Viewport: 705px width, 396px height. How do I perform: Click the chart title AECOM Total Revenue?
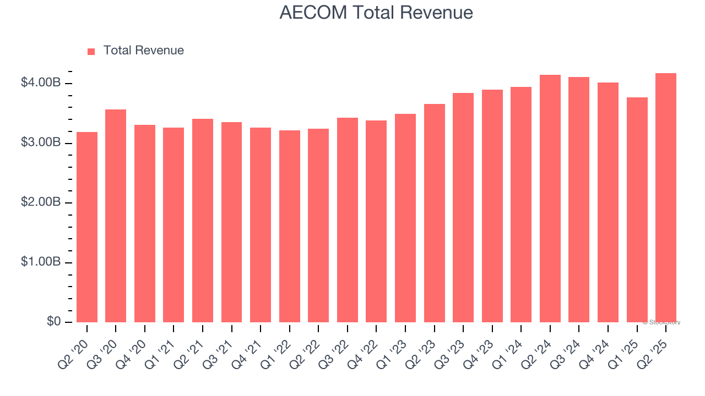pyautogui.click(x=376, y=12)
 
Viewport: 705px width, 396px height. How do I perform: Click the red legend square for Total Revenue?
pyautogui.click(x=91, y=51)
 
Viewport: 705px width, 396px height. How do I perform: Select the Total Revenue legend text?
pyautogui.click(x=143, y=51)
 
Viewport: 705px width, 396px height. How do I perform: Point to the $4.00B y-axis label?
pyautogui.click(x=41, y=83)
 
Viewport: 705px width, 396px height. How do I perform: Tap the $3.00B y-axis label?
pyautogui.click(x=41, y=143)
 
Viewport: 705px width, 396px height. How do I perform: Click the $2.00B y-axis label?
pyautogui.click(x=41, y=202)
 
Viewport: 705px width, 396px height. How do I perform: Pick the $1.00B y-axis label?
pyautogui.click(x=41, y=262)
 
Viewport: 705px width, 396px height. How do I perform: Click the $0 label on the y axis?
pyautogui.click(x=54, y=322)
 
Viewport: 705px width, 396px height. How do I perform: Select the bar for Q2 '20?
pyautogui.click(x=87, y=227)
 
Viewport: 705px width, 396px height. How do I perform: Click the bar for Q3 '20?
pyautogui.click(x=116, y=216)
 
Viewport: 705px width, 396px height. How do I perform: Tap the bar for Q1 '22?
pyautogui.click(x=290, y=226)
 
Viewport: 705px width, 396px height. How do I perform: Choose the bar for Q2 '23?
pyautogui.click(x=435, y=213)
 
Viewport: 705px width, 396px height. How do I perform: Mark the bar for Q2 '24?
pyautogui.click(x=550, y=198)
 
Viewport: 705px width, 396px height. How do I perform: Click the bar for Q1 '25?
pyautogui.click(x=637, y=210)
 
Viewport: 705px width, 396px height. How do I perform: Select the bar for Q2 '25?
pyautogui.click(x=666, y=197)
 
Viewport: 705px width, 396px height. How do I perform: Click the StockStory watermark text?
pyautogui.click(x=661, y=322)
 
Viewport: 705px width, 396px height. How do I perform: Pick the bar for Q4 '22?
pyautogui.click(x=377, y=221)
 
